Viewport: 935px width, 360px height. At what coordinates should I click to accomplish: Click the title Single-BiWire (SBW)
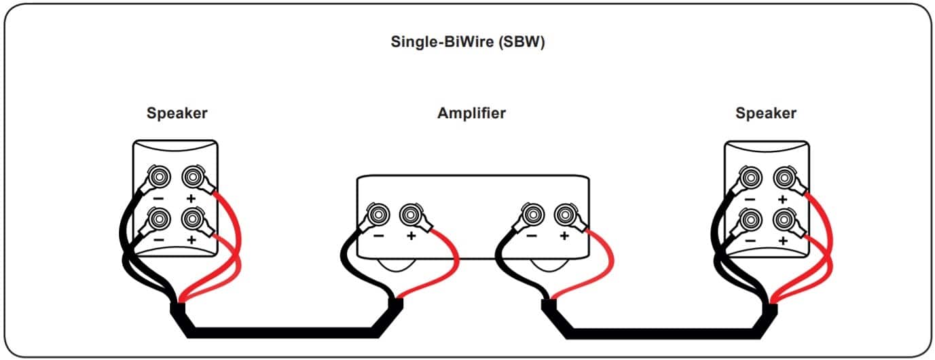467,41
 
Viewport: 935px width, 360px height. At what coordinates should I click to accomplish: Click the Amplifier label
472,113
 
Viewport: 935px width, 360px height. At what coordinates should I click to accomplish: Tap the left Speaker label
177,113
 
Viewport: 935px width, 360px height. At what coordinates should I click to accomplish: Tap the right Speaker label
766,113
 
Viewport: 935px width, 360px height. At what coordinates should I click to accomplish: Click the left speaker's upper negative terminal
159,177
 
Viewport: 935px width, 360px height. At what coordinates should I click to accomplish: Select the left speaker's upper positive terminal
192,177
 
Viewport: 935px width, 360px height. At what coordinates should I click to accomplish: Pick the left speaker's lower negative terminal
159,219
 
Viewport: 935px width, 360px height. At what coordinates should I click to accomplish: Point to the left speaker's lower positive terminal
192,219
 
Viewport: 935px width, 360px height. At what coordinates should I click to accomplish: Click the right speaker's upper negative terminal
750,177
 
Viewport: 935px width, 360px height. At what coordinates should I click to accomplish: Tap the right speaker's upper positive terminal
784,178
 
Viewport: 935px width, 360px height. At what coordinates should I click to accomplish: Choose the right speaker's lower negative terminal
750,219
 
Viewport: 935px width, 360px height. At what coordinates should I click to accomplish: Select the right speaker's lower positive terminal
784,219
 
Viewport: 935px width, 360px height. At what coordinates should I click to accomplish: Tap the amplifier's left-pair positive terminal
411,215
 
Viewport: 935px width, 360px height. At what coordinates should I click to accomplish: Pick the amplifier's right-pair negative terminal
532,215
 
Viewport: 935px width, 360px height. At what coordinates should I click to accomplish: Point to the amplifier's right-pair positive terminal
566,215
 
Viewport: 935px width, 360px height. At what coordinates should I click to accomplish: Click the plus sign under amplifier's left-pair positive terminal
411,236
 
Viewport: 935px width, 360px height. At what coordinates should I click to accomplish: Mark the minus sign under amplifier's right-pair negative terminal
532,236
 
